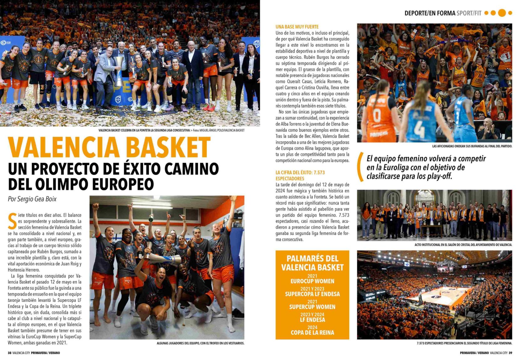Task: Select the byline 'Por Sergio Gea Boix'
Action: [x=32, y=199]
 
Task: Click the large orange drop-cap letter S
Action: [x=12, y=221]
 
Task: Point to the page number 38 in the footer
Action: [x=9, y=353]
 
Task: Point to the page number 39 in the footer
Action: [x=510, y=353]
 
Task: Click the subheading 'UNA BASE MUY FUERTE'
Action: [x=297, y=27]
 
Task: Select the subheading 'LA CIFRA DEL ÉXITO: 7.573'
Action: [x=300, y=172]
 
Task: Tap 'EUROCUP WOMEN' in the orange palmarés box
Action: [x=312, y=281]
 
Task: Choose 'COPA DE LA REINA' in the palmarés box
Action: [x=312, y=332]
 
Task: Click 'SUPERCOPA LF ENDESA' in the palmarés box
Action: [x=312, y=294]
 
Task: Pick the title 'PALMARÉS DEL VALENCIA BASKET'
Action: [x=312, y=263]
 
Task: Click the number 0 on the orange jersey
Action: [x=377, y=115]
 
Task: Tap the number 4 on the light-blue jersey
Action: [x=419, y=128]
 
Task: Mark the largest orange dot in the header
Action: [x=502, y=13]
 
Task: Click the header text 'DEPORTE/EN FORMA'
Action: [x=430, y=13]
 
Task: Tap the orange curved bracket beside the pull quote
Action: [x=361, y=167]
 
